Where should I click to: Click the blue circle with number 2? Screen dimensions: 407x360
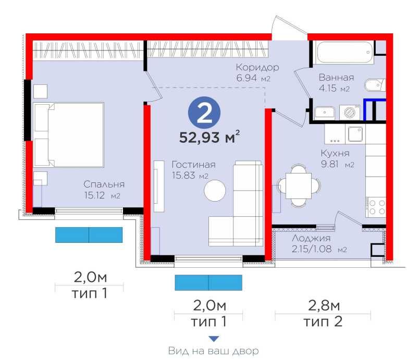click(204, 113)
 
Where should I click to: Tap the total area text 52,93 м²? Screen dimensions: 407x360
click(209, 137)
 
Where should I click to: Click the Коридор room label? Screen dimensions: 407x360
click(257, 68)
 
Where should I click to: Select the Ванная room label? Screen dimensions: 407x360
click(336, 77)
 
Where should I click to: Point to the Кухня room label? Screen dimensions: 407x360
click(335, 153)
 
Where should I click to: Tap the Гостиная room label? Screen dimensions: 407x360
click(194, 165)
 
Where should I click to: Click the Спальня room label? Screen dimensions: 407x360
click(104, 184)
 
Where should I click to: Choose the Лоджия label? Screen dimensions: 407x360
click(311, 238)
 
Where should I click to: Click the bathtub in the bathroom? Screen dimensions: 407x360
click(343, 52)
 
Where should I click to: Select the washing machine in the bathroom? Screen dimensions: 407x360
click(350, 113)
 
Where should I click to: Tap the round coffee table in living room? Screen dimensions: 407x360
click(215, 191)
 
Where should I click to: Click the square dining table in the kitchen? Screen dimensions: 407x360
click(299, 186)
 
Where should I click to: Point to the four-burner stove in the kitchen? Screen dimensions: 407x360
click(377, 207)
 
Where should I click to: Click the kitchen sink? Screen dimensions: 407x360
click(355, 134)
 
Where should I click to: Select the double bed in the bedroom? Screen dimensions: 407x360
click(69, 134)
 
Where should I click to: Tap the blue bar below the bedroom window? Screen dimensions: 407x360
click(89, 234)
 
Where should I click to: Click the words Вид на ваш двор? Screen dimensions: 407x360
click(213, 351)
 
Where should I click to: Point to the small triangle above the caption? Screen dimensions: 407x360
click(214, 339)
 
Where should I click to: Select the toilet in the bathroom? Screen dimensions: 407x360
click(375, 85)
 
